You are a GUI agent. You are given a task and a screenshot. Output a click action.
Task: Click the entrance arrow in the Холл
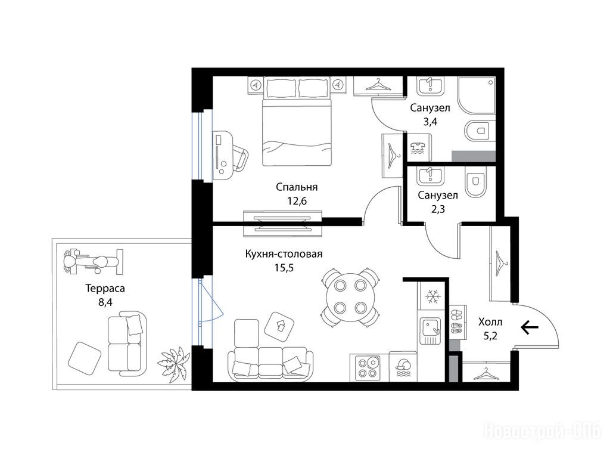pyautogui.click(x=530, y=327)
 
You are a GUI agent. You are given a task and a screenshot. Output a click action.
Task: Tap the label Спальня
pyautogui.click(x=297, y=187)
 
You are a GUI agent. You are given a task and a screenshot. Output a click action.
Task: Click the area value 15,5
pyautogui.click(x=284, y=268)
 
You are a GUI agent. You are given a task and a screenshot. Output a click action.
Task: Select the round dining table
pyautogui.click(x=350, y=297)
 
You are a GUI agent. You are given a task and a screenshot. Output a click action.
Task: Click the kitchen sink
pyautogui.click(x=430, y=330)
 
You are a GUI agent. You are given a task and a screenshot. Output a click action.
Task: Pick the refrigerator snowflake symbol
pyautogui.click(x=432, y=297)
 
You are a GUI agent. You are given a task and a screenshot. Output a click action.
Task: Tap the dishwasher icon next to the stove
pyautogui.click(x=403, y=367)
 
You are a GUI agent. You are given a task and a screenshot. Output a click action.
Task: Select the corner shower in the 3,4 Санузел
pyautogui.click(x=477, y=95)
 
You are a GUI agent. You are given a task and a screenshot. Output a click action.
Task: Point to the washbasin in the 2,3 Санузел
pyautogui.click(x=430, y=176)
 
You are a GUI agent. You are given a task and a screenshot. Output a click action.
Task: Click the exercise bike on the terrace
pyautogui.click(x=93, y=261)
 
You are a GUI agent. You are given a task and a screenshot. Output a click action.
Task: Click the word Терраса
pyautogui.click(x=105, y=289)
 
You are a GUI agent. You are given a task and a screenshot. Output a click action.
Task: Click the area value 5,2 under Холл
pyautogui.click(x=490, y=336)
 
